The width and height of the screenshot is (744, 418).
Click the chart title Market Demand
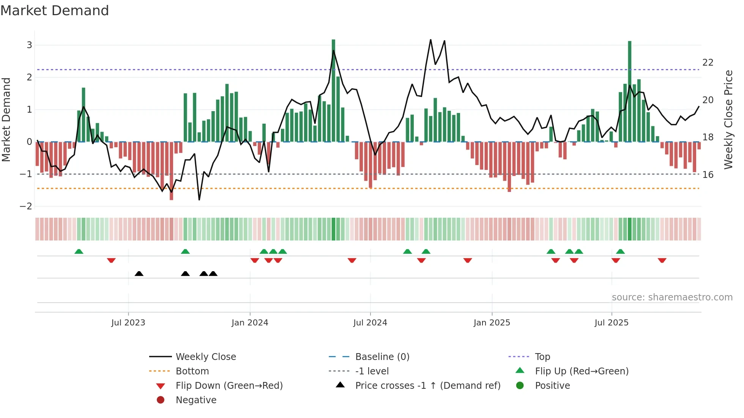point(55,11)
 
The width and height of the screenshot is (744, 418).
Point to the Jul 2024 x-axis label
point(370,323)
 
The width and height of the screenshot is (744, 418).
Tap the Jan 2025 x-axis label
point(492,323)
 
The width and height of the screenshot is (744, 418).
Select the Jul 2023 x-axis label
point(128,323)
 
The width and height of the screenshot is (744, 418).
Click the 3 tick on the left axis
point(29,45)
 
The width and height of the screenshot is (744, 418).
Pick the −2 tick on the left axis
point(26,206)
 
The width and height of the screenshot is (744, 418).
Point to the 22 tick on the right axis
point(708,63)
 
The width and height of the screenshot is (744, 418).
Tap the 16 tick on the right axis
point(708,175)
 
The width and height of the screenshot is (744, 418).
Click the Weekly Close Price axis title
point(728,119)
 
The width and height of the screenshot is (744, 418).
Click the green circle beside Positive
point(520,386)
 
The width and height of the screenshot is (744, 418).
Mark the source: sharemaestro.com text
point(672,297)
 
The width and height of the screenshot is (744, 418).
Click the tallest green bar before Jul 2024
point(333,91)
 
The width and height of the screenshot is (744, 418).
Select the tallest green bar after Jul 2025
point(630,91)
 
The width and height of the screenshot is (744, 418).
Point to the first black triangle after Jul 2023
point(139,273)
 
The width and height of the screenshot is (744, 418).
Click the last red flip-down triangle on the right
point(662,260)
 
